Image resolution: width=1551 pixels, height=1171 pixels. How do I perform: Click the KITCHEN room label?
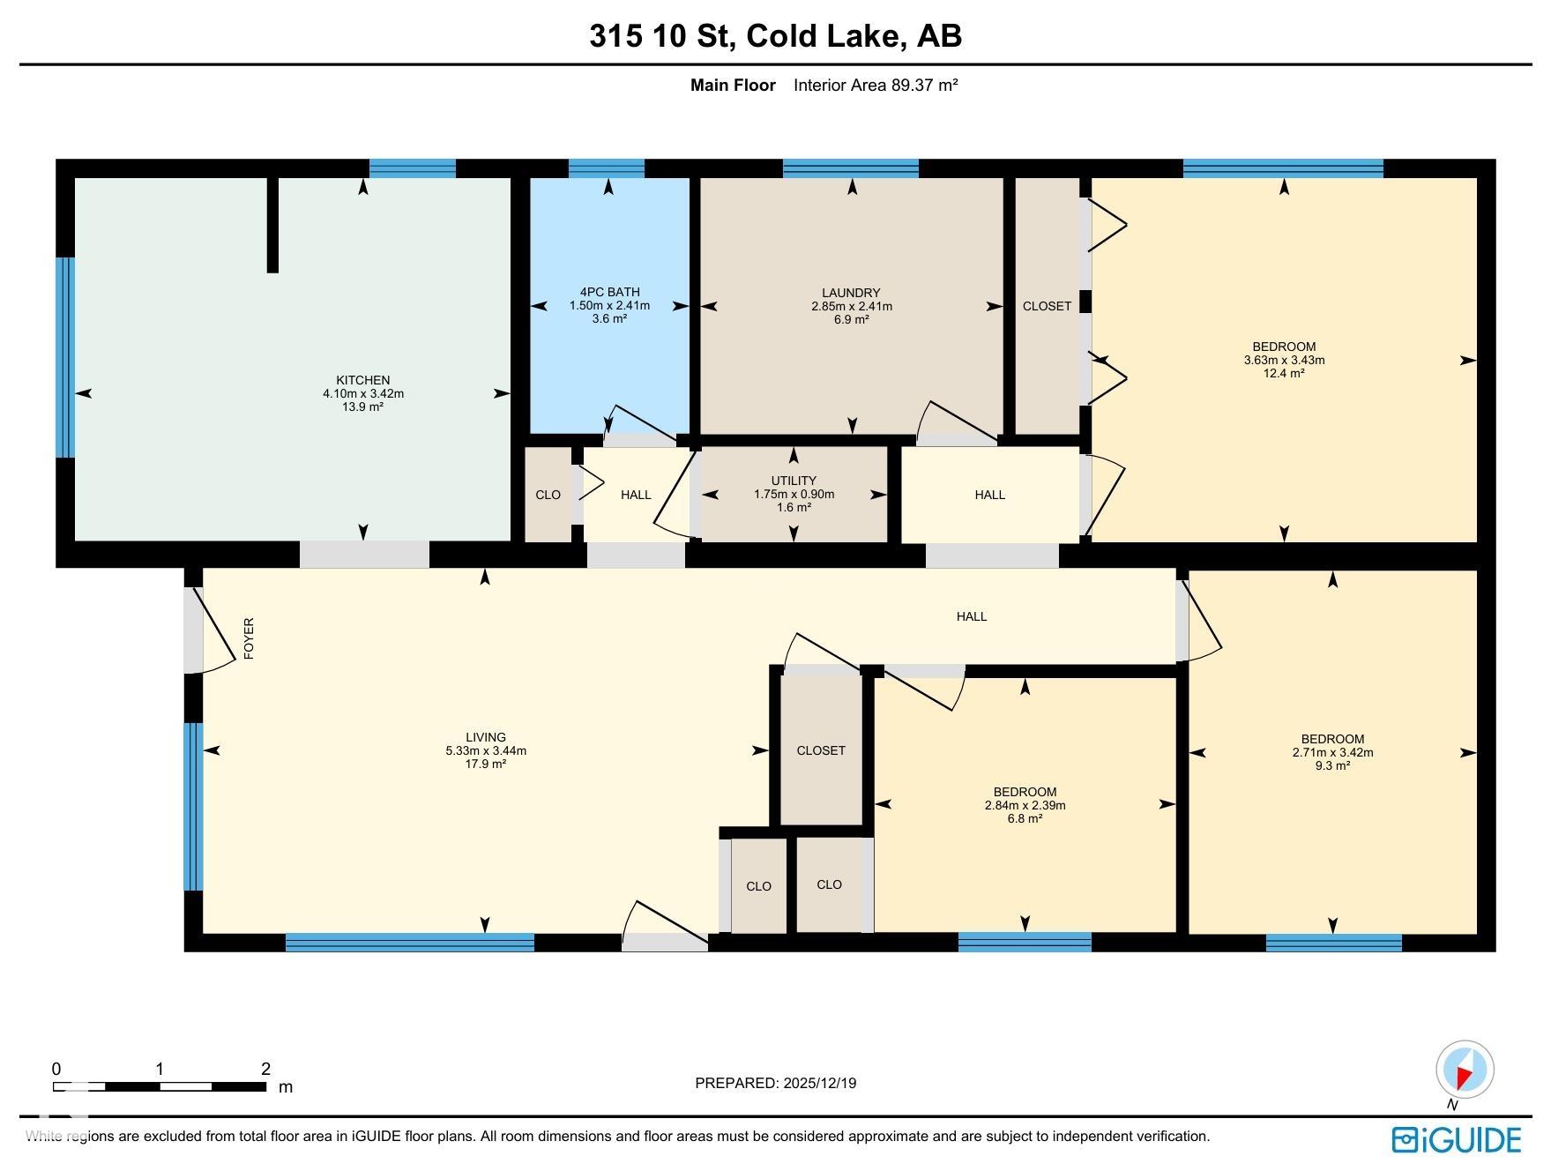(x=363, y=380)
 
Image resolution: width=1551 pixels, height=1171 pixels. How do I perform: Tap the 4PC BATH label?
(x=609, y=292)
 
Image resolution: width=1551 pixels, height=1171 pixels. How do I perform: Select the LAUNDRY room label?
(x=851, y=293)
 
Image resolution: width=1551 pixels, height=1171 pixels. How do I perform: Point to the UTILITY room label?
(x=794, y=481)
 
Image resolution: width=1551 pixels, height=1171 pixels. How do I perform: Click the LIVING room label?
(x=486, y=737)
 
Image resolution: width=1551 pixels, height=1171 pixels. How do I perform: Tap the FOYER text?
(x=249, y=639)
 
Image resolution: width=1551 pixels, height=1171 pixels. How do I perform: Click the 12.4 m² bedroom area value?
(x=1284, y=373)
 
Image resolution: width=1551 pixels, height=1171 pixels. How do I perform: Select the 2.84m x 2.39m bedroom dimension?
(x=1025, y=805)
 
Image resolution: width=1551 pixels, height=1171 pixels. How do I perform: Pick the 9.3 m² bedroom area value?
(x=1332, y=765)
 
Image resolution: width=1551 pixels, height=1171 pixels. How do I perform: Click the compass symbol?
(x=1465, y=1070)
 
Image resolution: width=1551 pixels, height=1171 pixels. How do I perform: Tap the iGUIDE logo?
(x=1457, y=1139)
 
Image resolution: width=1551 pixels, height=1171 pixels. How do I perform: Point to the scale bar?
(x=159, y=1086)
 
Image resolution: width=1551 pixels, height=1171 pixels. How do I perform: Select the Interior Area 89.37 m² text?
(x=876, y=86)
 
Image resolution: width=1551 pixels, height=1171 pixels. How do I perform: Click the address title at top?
(x=776, y=36)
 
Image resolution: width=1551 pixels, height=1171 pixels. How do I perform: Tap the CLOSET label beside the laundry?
(x=1047, y=306)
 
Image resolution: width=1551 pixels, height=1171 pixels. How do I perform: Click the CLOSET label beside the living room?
(x=821, y=750)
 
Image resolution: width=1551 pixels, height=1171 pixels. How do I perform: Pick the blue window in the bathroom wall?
(x=607, y=168)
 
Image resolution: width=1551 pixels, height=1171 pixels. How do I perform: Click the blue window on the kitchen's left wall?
(x=65, y=357)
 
